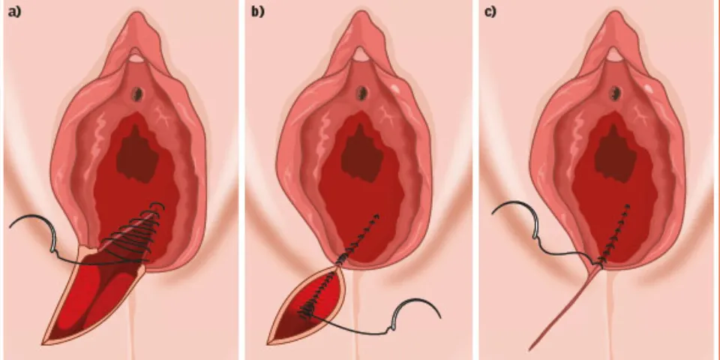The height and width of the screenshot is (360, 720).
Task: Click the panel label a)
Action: (15, 12)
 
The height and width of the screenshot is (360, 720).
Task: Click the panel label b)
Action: (257, 12)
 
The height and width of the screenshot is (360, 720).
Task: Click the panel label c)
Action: (490, 12)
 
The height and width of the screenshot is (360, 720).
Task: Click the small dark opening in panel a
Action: (137, 94)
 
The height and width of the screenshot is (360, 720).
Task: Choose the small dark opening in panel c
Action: (615, 94)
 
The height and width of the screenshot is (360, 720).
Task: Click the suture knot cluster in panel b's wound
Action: (307, 313)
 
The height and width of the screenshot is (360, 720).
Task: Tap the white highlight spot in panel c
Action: (647, 87)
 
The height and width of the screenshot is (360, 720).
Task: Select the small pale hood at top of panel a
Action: (136, 58)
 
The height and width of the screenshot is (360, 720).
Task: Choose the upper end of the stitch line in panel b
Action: (376, 215)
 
